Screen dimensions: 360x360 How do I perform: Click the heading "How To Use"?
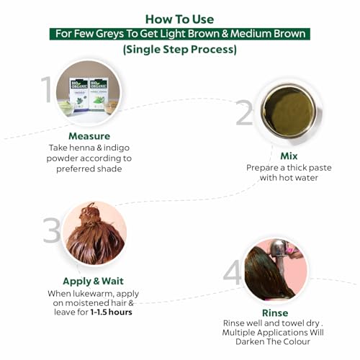[x=179, y=19]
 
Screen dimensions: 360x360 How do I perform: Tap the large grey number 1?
[x=47, y=89]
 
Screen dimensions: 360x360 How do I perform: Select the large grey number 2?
[x=244, y=113]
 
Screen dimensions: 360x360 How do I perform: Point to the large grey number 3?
[x=51, y=230]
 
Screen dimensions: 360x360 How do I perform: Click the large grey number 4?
[x=232, y=273]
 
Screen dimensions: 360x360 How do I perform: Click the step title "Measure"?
[x=89, y=136]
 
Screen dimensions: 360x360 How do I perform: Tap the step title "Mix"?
[x=289, y=156]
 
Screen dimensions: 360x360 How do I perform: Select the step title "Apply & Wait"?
[x=93, y=281]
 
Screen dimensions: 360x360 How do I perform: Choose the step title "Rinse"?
[x=275, y=313]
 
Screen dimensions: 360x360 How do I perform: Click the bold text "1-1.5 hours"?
[x=111, y=312]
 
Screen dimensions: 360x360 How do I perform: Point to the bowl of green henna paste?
[x=289, y=111]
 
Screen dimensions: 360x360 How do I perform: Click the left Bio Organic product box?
[x=78, y=94]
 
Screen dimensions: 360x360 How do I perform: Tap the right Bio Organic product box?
[x=98, y=94]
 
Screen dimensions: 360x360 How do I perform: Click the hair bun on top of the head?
[x=91, y=215]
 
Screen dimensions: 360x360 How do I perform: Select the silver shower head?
[x=279, y=251]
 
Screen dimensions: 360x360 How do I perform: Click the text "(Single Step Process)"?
[x=180, y=50]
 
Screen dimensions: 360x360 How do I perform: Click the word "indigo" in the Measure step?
[x=117, y=148]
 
